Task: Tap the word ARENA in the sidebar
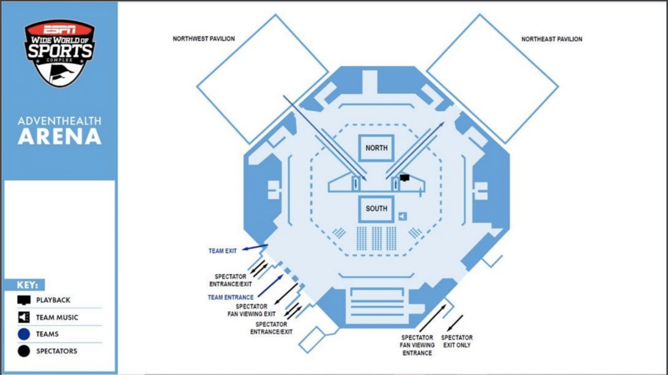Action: [59, 136]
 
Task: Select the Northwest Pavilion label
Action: [204, 39]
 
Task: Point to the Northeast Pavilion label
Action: [551, 39]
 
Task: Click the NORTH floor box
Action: [376, 148]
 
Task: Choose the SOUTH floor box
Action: [376, 209]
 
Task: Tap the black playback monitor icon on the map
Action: [404, 178]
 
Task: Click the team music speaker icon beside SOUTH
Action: [403, 217]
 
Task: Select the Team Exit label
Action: [222, 251]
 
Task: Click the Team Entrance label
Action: [231, 297]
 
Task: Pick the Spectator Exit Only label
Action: [457, 341]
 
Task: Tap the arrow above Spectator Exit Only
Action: [455, 323]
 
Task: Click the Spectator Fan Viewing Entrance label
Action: [417, 345]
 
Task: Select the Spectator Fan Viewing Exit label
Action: [252, 310]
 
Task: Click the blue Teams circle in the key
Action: [24, 334]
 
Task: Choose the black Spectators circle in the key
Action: [24, 351]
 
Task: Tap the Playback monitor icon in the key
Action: [24, 300]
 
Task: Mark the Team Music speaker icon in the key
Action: [24, 317]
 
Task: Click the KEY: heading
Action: [27, 285]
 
